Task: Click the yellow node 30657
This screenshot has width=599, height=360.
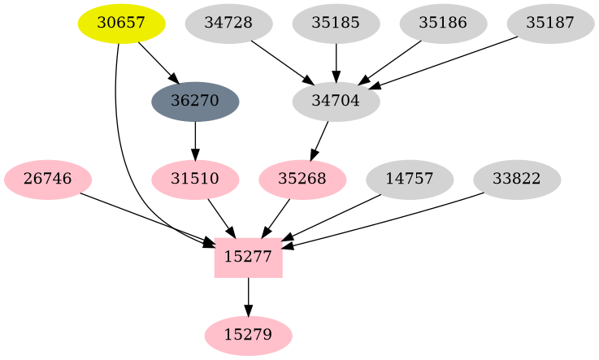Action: point(121,23)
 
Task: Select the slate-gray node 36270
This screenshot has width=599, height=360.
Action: point(195,102)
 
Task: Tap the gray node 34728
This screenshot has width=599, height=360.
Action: point(228,23)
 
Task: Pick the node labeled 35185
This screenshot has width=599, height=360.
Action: point(336,23)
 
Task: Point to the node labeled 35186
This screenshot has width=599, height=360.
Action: point(443,23)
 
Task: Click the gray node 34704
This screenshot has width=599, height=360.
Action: point(336,102)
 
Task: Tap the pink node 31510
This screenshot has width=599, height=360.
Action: point(195,179)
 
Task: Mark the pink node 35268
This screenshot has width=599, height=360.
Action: point(302,179)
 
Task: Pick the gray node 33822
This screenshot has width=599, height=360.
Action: point(517,179)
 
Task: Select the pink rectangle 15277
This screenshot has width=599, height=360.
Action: point(249,258)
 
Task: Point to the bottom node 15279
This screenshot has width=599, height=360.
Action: point(249,335)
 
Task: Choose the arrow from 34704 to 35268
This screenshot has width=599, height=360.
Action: point(320,139)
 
